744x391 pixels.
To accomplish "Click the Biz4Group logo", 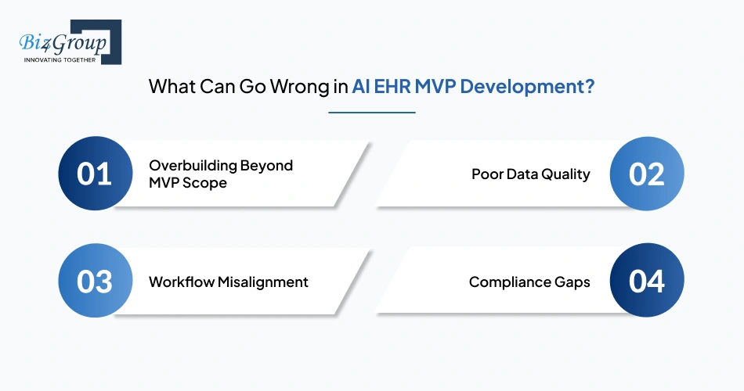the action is [70, 42].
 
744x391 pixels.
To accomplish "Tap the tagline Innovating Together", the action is [60, 60].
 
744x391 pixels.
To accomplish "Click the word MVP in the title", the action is [435, 87].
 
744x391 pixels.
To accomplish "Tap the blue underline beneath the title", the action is [372, 113].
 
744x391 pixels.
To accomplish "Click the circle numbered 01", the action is [96, 174].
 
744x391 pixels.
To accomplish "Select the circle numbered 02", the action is [647, 174].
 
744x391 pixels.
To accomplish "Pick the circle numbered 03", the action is [96, 281].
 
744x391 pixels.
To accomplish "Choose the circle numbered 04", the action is [647, 281].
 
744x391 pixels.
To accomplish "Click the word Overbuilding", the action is [193, 166].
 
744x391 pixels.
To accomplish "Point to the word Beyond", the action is [266, 166].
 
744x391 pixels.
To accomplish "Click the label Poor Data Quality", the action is [531, 174].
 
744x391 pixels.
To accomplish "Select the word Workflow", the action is [181, 282].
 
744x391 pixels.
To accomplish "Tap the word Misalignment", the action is [263, 282].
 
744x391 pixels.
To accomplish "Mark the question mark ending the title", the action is [590, 87].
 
